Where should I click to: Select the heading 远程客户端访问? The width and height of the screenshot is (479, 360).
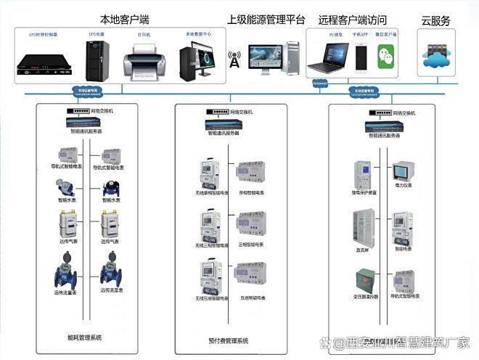352,20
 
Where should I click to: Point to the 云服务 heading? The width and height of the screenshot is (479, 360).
435,20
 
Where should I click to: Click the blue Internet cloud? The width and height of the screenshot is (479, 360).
319,83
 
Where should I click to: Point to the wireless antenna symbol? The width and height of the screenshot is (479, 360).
234,60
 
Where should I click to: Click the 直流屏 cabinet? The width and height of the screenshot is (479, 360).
363,226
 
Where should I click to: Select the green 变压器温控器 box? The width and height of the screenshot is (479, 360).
364,279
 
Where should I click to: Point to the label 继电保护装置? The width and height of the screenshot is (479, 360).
364,193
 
